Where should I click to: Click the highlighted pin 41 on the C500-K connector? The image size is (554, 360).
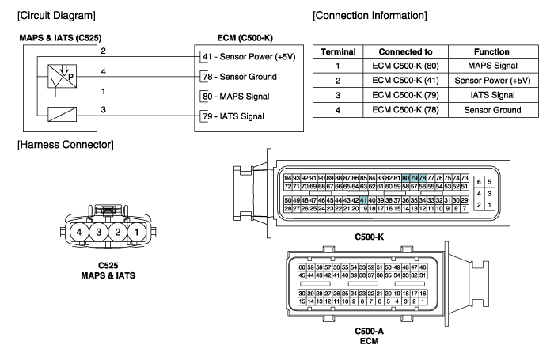pyautogui.click(x=363, y=200)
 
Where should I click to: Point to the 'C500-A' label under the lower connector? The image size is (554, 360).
pyautogui.click(x=369, y=330)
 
